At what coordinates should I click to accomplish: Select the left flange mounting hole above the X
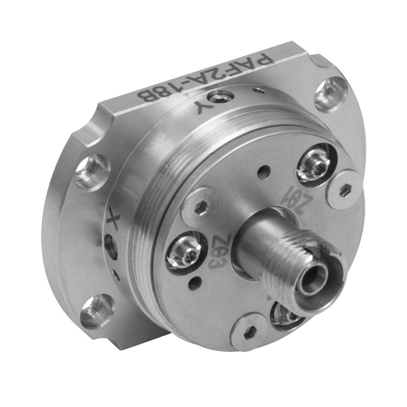pos(92,172)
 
